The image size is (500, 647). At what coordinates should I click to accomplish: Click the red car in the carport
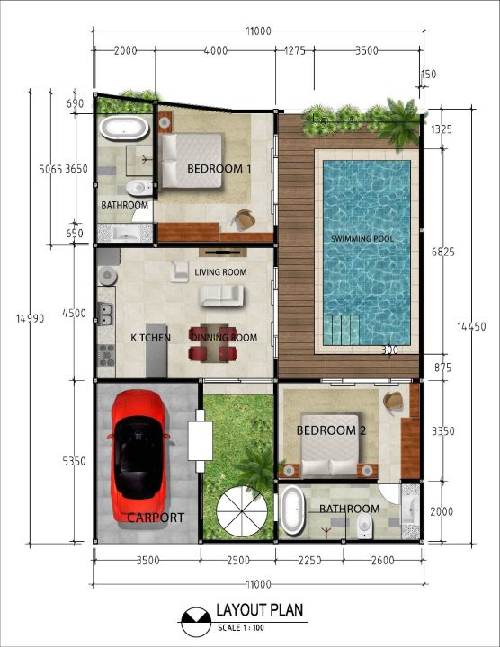pyautogui.click(x=138, y=456)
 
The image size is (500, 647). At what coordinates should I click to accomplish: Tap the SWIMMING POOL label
pyautogui.click(x=362, y=238)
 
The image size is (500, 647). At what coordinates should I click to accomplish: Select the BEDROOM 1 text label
pyautogui.click(x=219, y=168)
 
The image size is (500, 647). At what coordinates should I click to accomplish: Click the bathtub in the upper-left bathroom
pyautogui.click(x=124, y=128)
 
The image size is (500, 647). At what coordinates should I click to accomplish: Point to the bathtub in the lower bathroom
pyautogui.click(x=292, y=510)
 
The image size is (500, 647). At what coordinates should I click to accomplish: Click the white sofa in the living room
pyautogui.click(x=222, y=296)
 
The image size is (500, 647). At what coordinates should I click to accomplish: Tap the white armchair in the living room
pyautogui.click(x=180, y=271)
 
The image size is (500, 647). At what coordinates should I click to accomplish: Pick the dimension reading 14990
pyautogui.click(x=31, y=318)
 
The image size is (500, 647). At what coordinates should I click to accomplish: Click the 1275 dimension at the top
pyautogui.click(x=295, y=50)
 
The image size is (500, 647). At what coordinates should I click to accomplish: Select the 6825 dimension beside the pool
pyautogui.click(x=443, y=252)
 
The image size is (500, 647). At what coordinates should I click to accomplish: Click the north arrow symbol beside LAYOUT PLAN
pyautogui.click(x=196, y=622)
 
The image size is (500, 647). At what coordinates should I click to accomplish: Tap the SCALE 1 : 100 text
pyautogui.click(x=241, y=628)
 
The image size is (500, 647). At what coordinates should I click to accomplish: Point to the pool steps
pyautogui.click(x=341, y=330)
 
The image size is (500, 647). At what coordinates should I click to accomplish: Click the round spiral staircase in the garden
pyautogui.click(x=241, y=511)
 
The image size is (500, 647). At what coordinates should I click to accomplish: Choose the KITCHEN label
pyautogui.click(x=151, y=338)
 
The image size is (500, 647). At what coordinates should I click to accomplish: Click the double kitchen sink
pyautogui.click(x=106, y=314)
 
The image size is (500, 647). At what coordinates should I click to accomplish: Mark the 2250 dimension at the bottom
pyautogui.click(x=309, y=560)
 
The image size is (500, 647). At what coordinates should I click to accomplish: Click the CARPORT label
pyautogui.click(x=156, y=518)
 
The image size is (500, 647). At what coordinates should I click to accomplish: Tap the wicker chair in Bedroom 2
pyautogui.click(x=394, y=402)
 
